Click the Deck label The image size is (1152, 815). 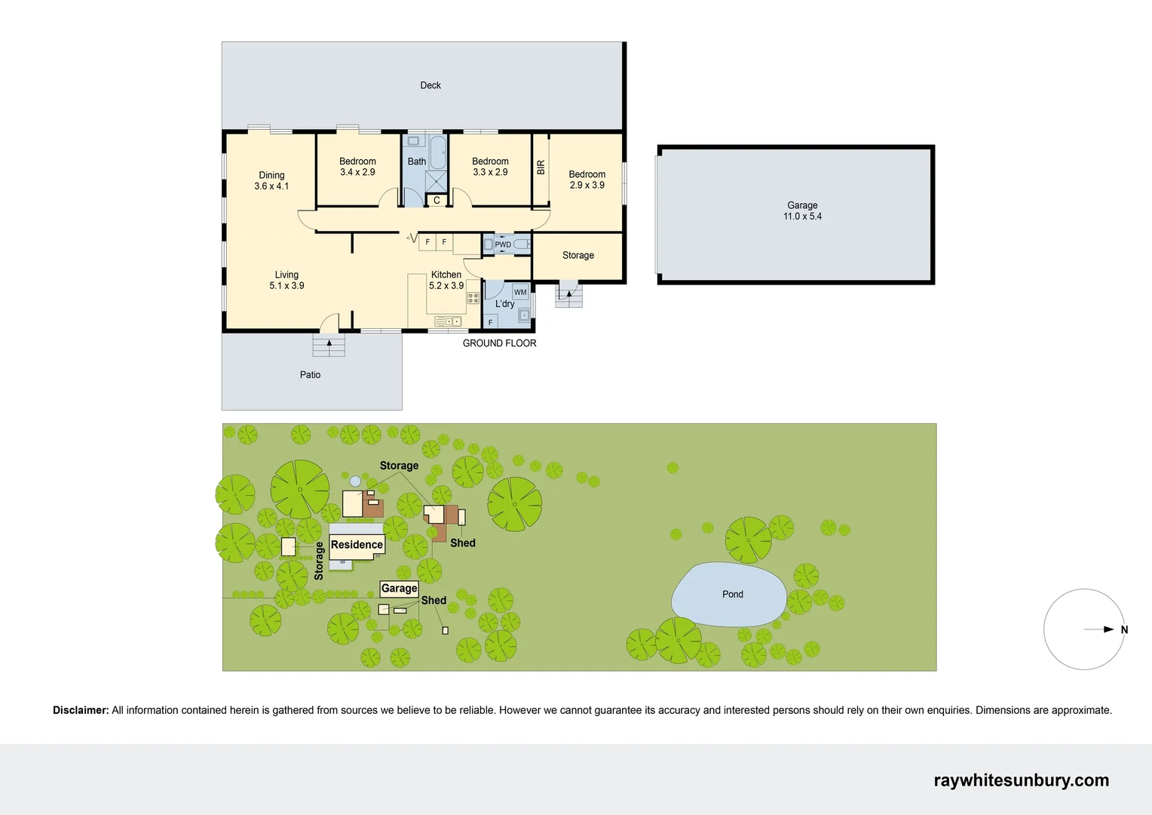(x=430, y=85)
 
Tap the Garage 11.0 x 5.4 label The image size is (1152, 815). (x=802, y=211)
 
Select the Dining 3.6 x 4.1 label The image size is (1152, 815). (x=271, y=180)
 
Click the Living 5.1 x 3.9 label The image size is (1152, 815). (x=286, y=280)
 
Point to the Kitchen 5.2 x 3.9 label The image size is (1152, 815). (x=446, y=280)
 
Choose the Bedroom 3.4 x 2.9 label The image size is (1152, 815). (x=357, y=167)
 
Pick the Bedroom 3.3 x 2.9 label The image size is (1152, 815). (x=490, y=167)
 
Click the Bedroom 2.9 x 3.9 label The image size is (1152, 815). (x=587, y=180)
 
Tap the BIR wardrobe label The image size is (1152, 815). (x=541, y=168)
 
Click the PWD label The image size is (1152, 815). (x=503, y=244)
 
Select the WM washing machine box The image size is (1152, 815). (x=520, y=292)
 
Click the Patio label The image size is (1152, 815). (x=310, y=374)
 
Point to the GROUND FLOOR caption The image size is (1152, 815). (x=499, y=343)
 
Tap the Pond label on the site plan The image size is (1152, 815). (x=732, y=595)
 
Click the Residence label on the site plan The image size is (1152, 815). (x=357, y=545)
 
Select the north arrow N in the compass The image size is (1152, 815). (x=1123, y=630)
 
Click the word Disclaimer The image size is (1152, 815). (x=81, y=710)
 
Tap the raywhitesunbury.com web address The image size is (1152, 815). (x=1021, y=780)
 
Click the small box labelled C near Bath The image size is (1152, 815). (x=437, y=201)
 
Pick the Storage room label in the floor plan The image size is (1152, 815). (x=578, y=255)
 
